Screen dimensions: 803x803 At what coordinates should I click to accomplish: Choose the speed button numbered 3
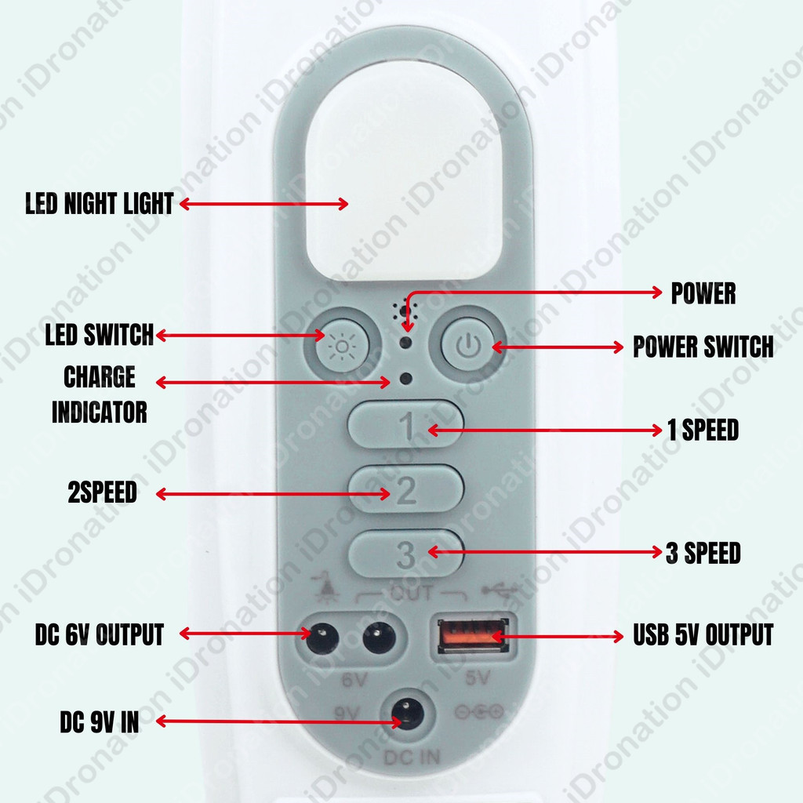[x=405, y=554]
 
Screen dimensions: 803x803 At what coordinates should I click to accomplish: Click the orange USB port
[x=472, y=634]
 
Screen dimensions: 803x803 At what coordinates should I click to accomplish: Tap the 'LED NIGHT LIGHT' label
[x=99, y=205]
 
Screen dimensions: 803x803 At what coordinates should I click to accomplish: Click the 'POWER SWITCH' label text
[x=703, y=347]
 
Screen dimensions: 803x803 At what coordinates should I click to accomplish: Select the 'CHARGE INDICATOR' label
[x=100, y=394]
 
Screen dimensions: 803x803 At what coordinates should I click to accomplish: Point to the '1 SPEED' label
[x=703, y=430]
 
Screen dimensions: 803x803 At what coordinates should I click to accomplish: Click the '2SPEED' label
[x=102, y=492]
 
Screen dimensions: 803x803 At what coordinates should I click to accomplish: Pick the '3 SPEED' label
[x=703, y=553]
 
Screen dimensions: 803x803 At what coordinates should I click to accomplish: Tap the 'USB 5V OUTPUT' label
[x=703, y=634]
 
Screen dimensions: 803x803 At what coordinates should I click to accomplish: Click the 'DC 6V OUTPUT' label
[x=100, y=634]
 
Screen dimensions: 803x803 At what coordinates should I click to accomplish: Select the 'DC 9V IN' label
[x=100, y=722]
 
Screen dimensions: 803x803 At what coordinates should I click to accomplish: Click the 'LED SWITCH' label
[x=100, y=335]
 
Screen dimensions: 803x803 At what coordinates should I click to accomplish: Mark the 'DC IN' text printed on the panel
[x=412, y=758]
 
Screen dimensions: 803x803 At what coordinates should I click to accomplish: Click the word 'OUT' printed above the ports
[x=411, y=593]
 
